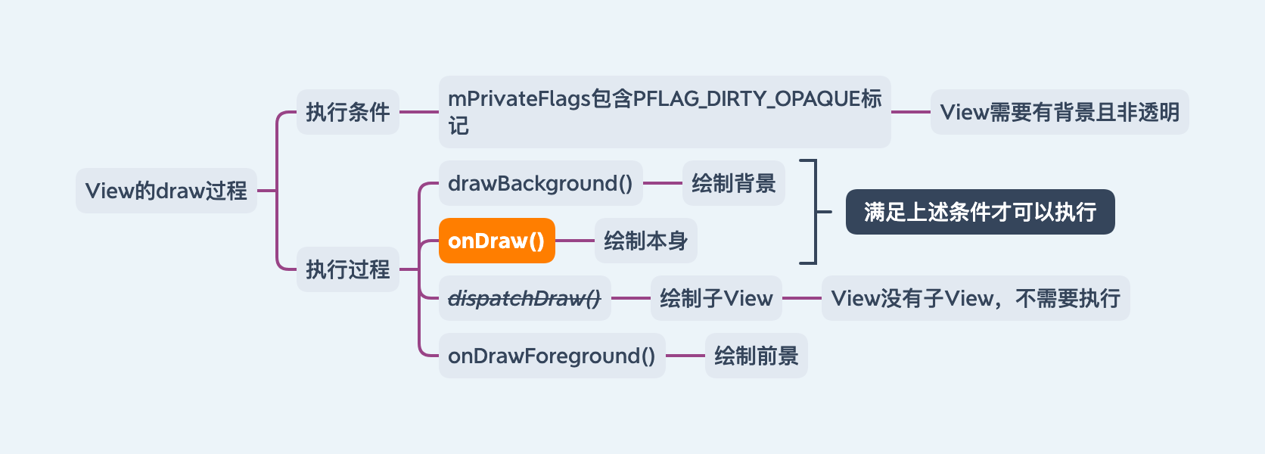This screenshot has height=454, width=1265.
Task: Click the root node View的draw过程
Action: [166, 191]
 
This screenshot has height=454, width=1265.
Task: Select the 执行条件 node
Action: [347, 112]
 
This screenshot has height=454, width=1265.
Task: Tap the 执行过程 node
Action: [347, 269]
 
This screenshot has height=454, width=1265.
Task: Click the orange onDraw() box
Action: [496, 241]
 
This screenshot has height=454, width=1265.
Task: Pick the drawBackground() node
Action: [540, 183]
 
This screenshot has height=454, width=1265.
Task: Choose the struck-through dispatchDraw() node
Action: [524, 298]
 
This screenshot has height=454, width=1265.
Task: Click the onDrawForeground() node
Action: [552, 356]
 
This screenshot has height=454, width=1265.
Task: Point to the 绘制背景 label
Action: [733, 183]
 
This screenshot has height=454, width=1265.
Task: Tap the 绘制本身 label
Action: [645, 241]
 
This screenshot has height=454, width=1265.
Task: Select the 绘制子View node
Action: [716, 298]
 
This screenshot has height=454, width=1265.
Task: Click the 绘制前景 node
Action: [756, 356]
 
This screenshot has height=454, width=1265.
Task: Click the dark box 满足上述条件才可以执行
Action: [980, 212]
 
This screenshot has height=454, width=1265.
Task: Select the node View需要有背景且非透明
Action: [1059, 112]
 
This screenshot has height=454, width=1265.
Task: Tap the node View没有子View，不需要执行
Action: [975, 298]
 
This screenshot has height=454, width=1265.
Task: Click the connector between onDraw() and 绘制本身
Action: [575, 241]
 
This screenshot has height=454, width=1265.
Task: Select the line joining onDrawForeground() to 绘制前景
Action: [685, 356]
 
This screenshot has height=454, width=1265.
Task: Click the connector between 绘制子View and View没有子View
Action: [802, 298]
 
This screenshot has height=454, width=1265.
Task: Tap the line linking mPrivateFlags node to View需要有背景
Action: [911, 112]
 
